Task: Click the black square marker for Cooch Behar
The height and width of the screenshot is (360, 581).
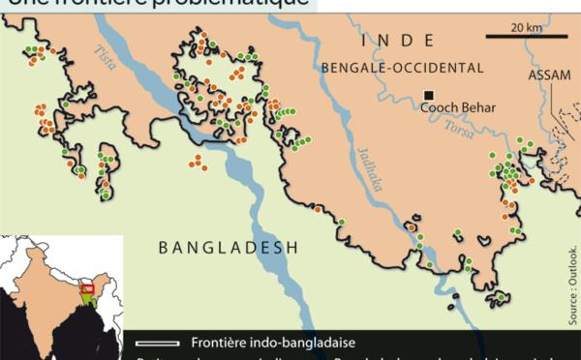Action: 427,94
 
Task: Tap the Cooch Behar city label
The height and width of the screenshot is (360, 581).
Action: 457,108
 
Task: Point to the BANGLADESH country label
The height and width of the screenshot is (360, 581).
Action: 228,249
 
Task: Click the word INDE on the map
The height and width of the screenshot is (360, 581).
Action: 397,41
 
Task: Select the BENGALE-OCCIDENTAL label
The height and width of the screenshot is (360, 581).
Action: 400,68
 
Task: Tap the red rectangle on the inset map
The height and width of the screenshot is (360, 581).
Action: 87,288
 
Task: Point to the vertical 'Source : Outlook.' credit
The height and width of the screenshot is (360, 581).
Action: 571,285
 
